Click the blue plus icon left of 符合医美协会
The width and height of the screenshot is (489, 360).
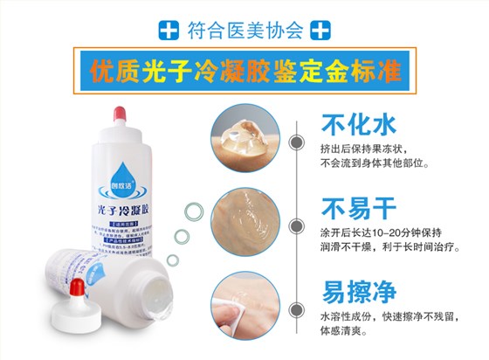[x=169, y=31]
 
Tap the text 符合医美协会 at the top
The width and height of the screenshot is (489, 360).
[x=244, y=31]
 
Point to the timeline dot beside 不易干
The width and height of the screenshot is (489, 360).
[x=298, y=222]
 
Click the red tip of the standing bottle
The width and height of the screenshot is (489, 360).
[x=115, y=113]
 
